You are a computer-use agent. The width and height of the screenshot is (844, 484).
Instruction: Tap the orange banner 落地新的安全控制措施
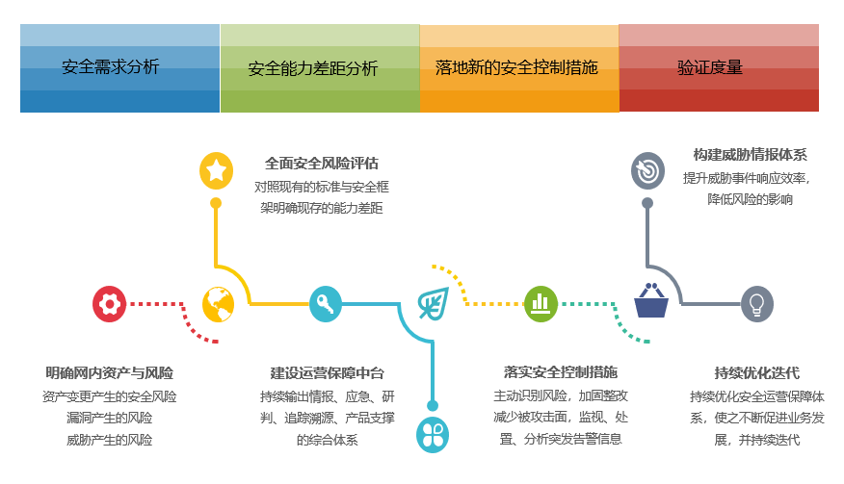tap(518, 68)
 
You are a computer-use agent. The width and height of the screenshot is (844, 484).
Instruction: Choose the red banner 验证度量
tap(718, 68)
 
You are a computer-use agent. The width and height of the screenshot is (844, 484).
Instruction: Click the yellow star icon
tap(216, 170)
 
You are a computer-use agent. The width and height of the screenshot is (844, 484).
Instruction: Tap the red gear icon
tap(110, 304)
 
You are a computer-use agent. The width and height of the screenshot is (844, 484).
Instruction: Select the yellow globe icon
tap(219, 304)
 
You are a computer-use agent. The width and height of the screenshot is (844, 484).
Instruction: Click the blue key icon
tap(326, 304)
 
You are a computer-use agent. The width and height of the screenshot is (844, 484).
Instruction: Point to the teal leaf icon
tap(433, 304)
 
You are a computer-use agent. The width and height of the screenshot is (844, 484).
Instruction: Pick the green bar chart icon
tap(541, 303)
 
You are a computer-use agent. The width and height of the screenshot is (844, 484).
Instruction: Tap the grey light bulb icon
tap(757, 304)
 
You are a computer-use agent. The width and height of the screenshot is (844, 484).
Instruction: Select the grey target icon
tap(647, 171)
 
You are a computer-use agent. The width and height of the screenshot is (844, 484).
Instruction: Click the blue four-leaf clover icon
tap(433, 434)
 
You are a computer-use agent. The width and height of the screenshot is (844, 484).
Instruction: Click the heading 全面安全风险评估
tap(322, 164)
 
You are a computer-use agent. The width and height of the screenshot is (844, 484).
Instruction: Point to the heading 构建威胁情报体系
tap(750, 155)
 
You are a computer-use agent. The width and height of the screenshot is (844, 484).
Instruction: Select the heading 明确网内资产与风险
tap(110, 372)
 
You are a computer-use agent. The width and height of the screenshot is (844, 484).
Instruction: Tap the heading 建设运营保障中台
tap(327, 372)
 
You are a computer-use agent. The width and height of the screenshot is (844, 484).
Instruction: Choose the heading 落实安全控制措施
tap(560, 371)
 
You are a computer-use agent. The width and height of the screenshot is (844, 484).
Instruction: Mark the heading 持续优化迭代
tap(757, 373)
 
